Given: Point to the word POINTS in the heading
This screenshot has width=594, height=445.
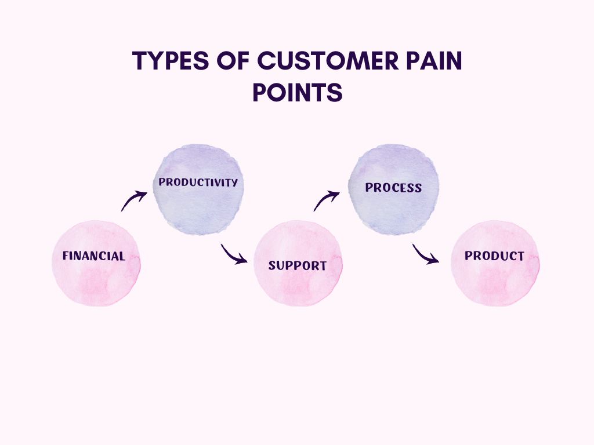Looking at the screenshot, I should click(x=297, y=93).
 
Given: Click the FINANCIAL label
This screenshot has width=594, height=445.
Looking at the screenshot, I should click(x=94, y=256).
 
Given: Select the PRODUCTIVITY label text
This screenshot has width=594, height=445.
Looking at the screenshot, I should click(x=198, y=182).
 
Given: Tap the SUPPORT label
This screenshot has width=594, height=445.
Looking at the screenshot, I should click(x=298, y=266).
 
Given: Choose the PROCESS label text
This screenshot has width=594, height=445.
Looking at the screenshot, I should click(x=393, y=188).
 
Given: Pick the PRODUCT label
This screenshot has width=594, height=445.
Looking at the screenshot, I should click(x=494, y=256).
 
